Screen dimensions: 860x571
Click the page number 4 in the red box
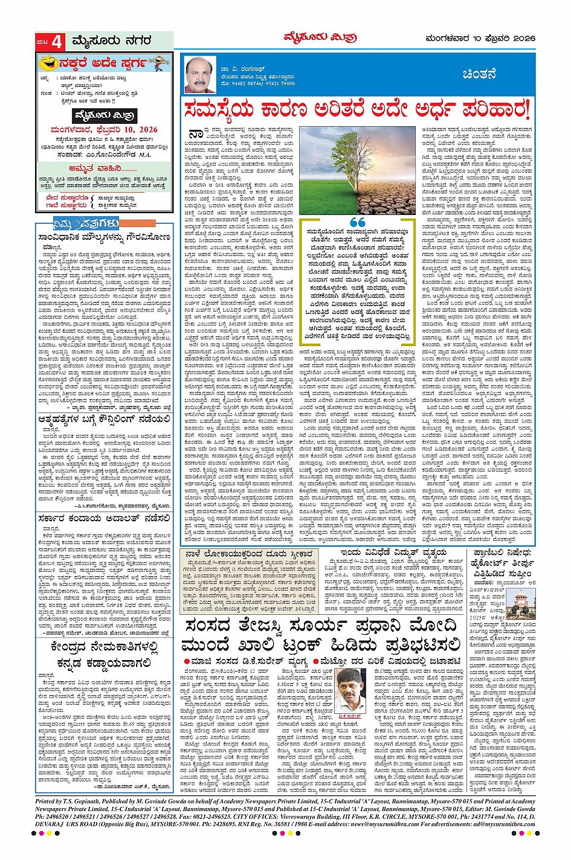pyautogui.click(x=57, y=42)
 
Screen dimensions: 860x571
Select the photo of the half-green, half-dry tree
pyautogui.click(x=357, y=170)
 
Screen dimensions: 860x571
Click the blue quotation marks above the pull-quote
pyautogui.click(x=358, y=223)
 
